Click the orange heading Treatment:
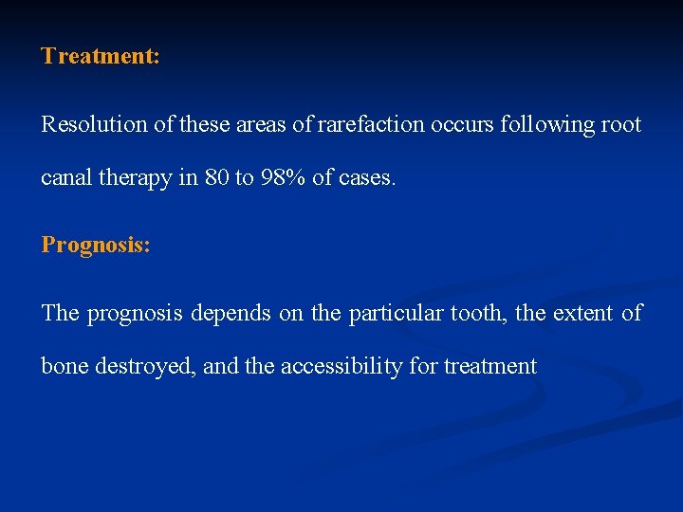point(100,56)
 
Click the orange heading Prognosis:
point(95,245)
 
